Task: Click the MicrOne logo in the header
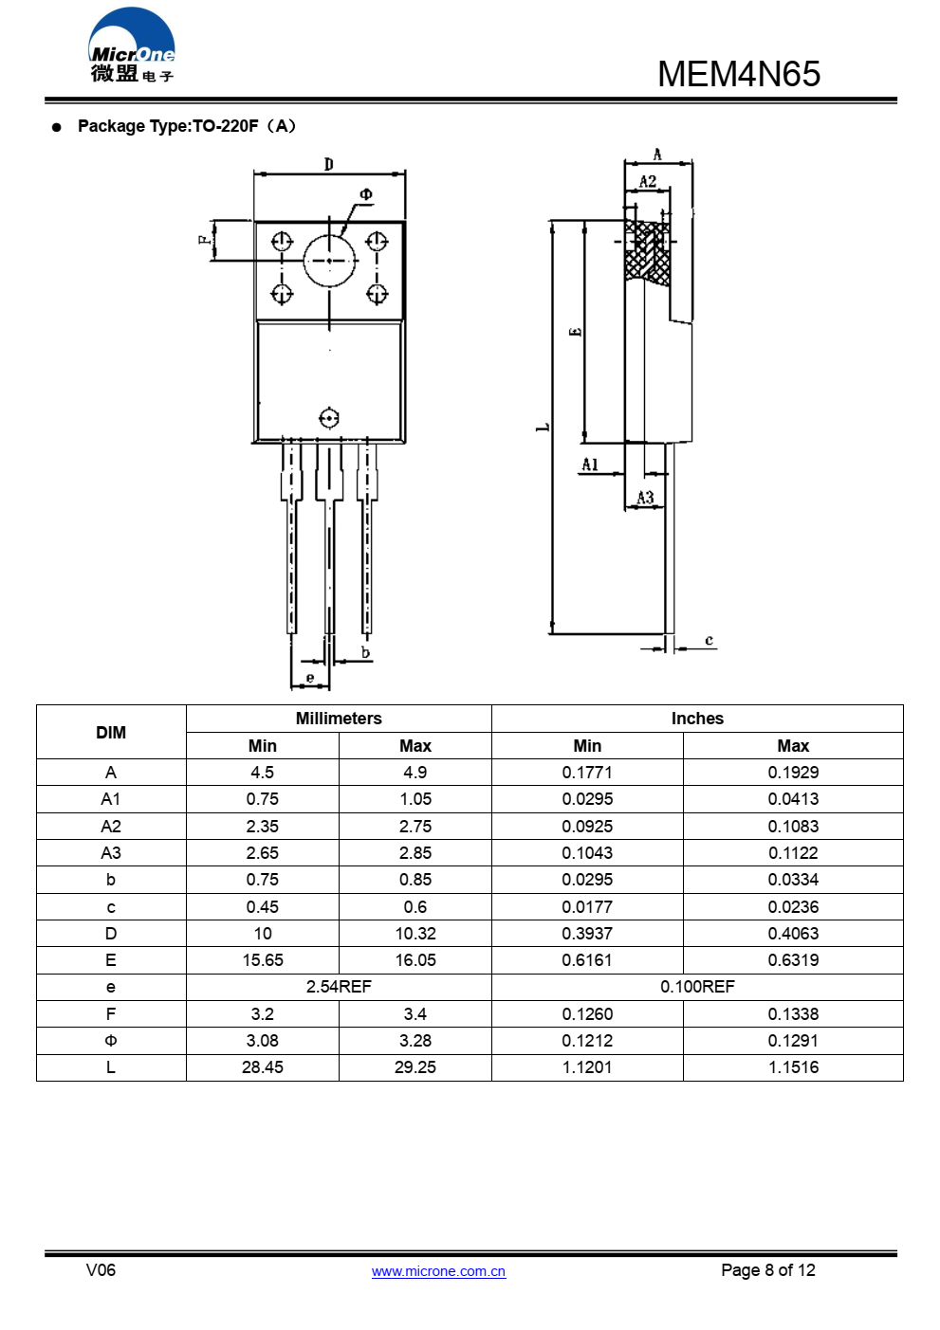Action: coord(132,46)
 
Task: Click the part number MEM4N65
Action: coord(738,74)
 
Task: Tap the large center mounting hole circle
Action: coord(329,260)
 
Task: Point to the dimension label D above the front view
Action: coord(329,164)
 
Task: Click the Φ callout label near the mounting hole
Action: coord(366,194)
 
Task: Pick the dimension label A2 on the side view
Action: coord(648,181)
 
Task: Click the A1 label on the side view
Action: coord(590,465)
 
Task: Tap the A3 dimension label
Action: coord(645,498)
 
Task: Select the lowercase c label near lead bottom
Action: coord(709,641)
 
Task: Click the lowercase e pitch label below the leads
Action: coord(310,677)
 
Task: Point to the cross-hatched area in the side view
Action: coord(648,253)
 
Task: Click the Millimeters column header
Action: coord(339,719)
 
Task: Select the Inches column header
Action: coord(697,719)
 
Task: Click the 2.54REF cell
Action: coord(339,987)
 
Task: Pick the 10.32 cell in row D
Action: coord(415,934)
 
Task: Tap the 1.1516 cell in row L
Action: coord(793,1067)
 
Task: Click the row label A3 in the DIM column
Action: coord(111,853)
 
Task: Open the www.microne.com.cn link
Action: coord(438,1271)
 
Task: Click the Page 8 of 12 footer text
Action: coord(767,1270)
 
